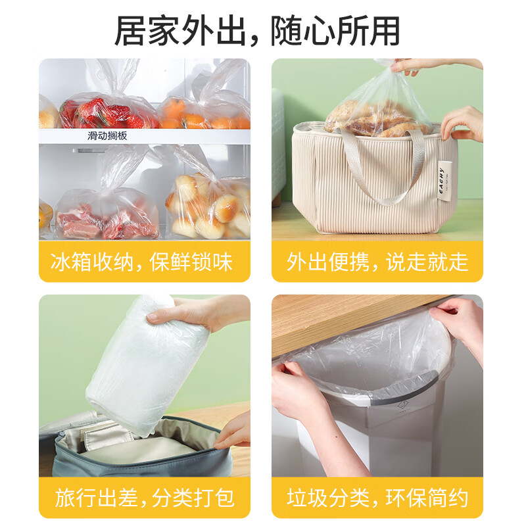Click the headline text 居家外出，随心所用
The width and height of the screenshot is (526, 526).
(257, 31)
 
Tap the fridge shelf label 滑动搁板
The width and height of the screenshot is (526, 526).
(107, 136)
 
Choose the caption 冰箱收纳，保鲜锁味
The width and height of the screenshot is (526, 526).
(141, 262)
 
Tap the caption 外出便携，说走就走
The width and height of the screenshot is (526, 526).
(377, 262)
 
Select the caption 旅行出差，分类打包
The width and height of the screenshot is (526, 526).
(145, 498)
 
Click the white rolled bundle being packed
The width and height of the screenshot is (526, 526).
(147, 366)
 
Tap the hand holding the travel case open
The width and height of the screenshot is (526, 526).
(233, 431)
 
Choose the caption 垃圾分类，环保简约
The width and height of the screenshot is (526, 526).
(377, 498)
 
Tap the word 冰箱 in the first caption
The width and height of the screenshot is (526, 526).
(71, 262)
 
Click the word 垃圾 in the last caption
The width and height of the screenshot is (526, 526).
(307, 498)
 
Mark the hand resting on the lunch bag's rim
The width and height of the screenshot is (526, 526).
(463, 124)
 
